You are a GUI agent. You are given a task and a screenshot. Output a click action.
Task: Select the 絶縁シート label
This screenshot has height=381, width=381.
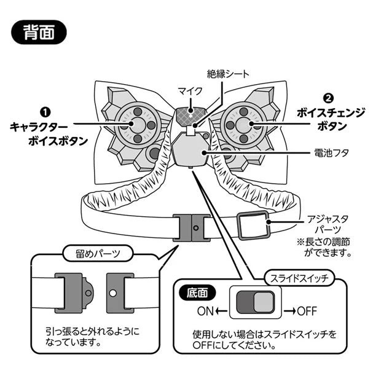(228, 75)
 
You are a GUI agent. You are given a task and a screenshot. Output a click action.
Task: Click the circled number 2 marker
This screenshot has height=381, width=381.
(328, 98)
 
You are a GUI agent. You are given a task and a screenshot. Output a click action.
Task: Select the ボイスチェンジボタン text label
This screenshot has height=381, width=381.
(331, 119)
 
